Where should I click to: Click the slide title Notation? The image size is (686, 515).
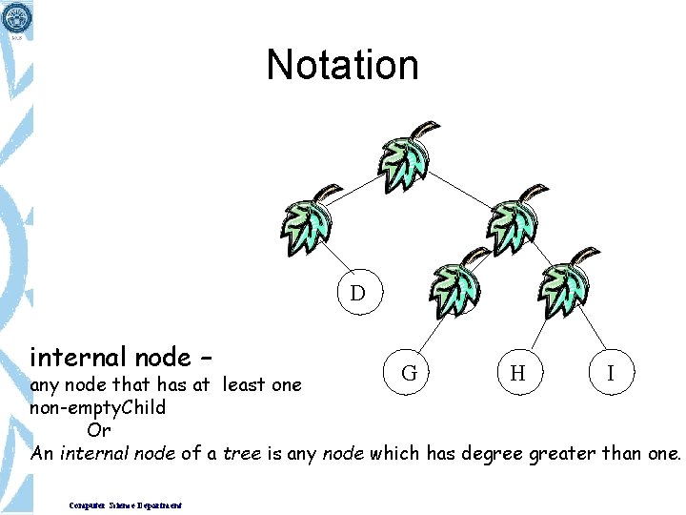tap(342, 65)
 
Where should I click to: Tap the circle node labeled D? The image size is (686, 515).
tap(357, 292)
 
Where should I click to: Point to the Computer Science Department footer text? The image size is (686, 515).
tap(126, 505)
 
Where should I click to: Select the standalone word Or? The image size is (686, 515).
tap(99, 430)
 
